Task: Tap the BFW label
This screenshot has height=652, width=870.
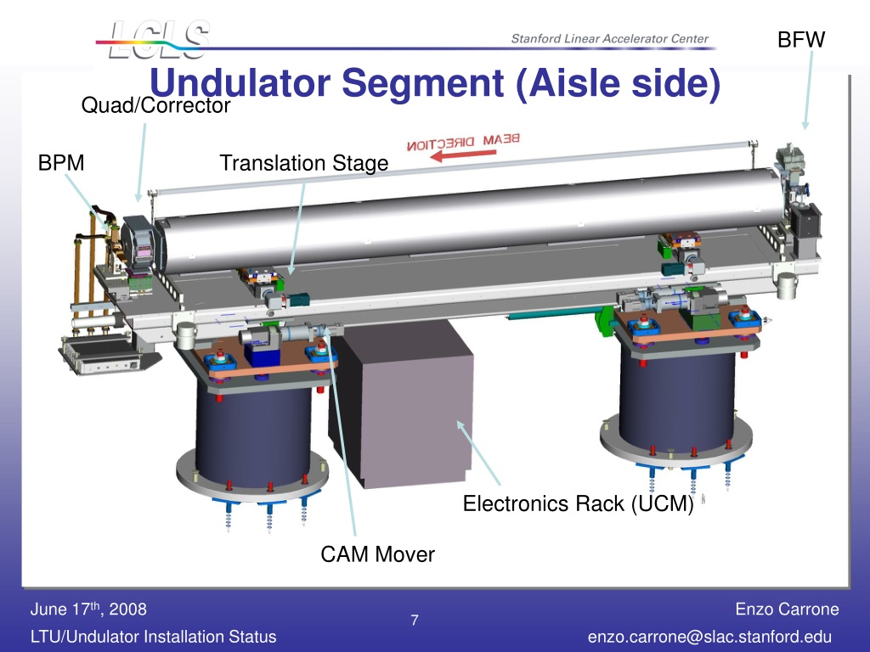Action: pyautogui.click(x=800, y=39)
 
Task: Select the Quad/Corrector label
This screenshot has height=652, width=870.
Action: pyautogui.click(x=155, y=105)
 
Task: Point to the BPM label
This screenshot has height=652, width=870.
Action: pyautogui.click(x=61, y=162)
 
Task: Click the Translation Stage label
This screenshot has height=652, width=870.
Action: pyautogui.click(x=304, y=163)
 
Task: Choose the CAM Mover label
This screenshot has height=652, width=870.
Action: pyautogui.click(x=377, y=554)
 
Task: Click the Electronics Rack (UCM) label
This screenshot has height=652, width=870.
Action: pyautogui.click(x=578, y=503)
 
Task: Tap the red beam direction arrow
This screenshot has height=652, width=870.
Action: pyautogui.click(x=463, y=155)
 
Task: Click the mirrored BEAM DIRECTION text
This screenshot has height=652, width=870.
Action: pyautogui.click(x=463, y=142)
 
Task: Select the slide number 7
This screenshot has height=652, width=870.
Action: pyautogui.click(x=415, y=620)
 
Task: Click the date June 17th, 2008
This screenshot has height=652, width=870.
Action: pyautogui.click(x=88, y=609)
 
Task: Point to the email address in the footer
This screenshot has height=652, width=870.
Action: pyautogui.click(x=709, y=637)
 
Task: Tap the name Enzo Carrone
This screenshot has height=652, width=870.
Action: pyautogui.click(x=787, y=609)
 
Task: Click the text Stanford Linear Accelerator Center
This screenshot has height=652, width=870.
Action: pyautogui.click(x=610, y=38)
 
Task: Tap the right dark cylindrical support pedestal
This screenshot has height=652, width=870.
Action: pyautogui.click(x=677, y=399)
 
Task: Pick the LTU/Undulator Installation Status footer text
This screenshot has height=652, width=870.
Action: pyautogui.click(x=153, y=637)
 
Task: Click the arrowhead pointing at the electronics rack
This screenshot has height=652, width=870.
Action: pyautogui.click(x=461, y=426)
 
